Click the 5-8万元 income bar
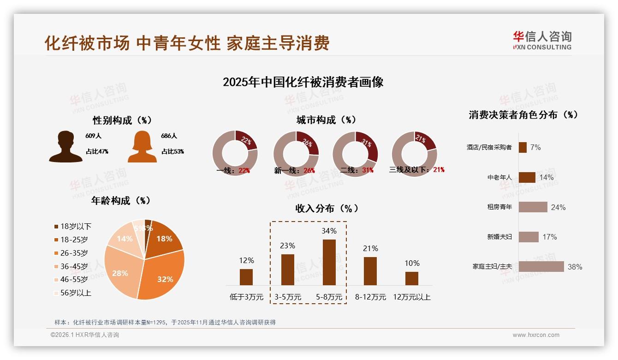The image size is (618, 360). [329, 262]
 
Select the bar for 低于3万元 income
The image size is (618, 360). [246, 277]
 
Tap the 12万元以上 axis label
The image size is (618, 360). [411, 297]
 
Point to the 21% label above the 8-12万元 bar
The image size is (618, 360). [370, 249]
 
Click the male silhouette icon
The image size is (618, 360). [65, 147]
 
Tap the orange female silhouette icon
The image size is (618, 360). [142, 147]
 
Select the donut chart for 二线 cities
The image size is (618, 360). [355, 154]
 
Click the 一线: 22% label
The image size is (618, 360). [233, 170]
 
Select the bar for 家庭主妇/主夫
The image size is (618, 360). [541, 266]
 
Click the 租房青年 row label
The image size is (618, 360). [499, 207]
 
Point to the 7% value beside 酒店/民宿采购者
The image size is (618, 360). [535, 147]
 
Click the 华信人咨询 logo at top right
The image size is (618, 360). [542, 40]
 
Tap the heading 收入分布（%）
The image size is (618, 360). [327, 208]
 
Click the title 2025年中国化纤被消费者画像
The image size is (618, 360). [303, 82]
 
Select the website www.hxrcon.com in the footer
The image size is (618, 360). [535, 335]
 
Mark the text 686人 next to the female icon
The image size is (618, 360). [169, 136]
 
